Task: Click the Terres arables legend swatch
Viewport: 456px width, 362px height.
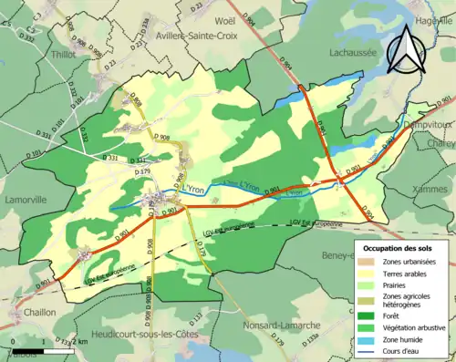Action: coord(365,273)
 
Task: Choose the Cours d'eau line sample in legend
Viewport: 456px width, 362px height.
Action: coord(365,351)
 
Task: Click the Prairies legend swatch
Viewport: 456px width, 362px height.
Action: coord(365,285)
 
